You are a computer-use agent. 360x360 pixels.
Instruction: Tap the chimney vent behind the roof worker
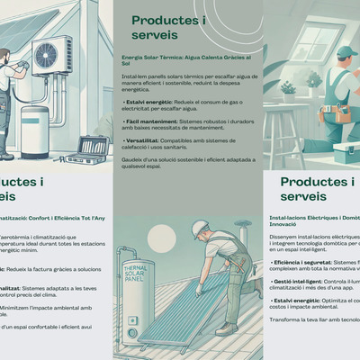tap(242, 225)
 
